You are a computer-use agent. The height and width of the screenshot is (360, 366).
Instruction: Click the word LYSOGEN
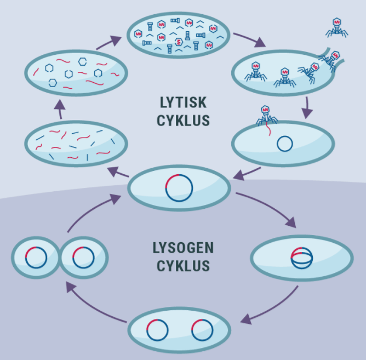tap(183, 248)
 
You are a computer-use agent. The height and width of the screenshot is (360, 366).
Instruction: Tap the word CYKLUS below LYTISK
tap(183, 121)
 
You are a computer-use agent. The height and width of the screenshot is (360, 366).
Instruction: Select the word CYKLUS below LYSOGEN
tap(183, 266)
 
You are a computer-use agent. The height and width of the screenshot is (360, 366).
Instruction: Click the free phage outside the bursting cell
tap(336, 27)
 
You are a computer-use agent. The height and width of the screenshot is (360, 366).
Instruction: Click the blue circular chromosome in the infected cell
tap(285, 144)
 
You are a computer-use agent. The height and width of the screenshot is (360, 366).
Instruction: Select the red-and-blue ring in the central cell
tap(179, 188)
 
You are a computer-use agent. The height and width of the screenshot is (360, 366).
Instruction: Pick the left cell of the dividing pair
tap(35, 257)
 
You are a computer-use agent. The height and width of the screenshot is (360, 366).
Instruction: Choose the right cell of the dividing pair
tap(83, 257)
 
